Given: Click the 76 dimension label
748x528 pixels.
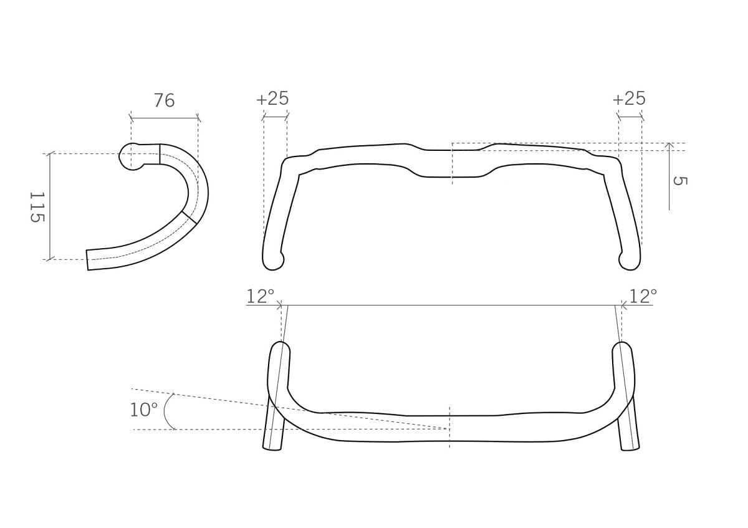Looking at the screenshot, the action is (165, 100).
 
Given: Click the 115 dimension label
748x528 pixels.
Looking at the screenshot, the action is (37, 207).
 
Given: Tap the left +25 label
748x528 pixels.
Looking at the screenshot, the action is (272, 98).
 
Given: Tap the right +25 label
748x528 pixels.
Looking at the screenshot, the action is (629, 98).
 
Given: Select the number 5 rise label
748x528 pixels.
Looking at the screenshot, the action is (680, 181).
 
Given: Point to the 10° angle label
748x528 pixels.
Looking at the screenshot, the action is (143, 410).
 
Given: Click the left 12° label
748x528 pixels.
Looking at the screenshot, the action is (261, 296).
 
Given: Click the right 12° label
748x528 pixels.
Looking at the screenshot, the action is (643, 296).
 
